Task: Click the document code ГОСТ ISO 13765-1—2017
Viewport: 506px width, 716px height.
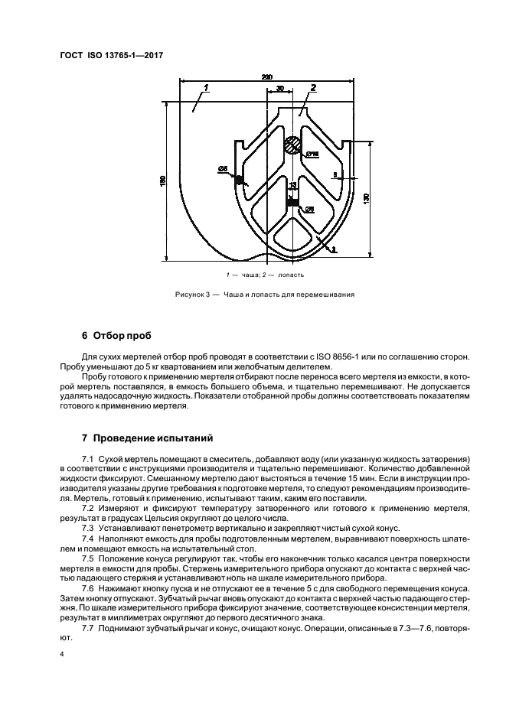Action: (x=112, y=55)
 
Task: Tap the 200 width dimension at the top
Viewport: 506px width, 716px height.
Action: (x=266, y=77)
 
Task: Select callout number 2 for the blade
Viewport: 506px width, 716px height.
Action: (x=312, y=89)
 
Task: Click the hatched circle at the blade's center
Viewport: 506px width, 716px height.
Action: (x=292, y=145)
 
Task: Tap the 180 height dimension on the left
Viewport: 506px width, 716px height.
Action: (x=162, y=181)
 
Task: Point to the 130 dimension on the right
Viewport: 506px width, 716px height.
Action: (x=367, y=198)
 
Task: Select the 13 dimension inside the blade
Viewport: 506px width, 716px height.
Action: (x=292, y=186)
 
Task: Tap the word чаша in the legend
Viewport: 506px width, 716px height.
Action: (x=246, y=274)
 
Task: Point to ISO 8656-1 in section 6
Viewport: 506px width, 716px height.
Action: (x=351, y=356)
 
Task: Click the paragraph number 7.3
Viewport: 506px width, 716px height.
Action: (x=88, y=529)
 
